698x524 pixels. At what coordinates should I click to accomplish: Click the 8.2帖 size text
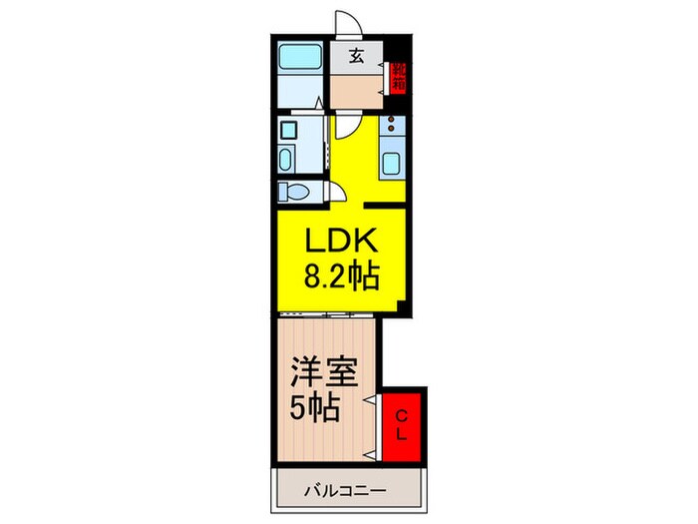341,275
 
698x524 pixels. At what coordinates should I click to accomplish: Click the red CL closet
403,425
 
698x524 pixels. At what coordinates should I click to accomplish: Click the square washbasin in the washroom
288,129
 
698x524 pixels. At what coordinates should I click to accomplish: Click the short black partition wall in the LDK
383,207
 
